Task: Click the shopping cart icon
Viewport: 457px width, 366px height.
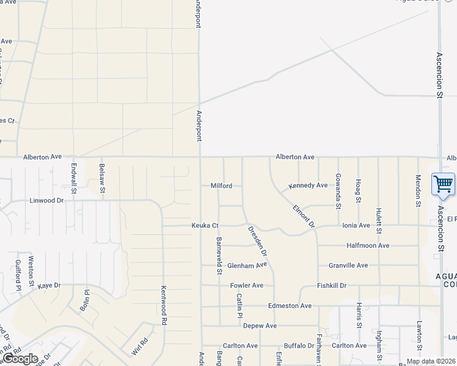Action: (443, 183)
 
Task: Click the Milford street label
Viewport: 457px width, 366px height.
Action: (221, 185)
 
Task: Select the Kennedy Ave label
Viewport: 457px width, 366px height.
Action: (308, 185)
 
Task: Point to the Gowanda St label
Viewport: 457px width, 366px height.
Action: (338, 190)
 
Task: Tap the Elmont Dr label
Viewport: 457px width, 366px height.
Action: (303, 216)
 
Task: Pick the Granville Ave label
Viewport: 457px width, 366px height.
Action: (348, 265)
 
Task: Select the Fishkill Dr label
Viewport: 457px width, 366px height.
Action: (332, 285)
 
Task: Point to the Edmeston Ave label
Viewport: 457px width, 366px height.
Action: (290, 306)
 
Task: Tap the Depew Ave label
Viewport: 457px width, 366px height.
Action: (260, 326)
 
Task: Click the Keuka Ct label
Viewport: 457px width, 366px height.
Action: (205, 226)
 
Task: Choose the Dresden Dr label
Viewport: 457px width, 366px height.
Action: (257, 240)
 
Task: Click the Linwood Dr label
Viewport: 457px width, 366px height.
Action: (46, 200)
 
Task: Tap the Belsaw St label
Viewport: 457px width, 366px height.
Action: (102, 174)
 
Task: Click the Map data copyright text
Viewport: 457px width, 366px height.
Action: (430, 361)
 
